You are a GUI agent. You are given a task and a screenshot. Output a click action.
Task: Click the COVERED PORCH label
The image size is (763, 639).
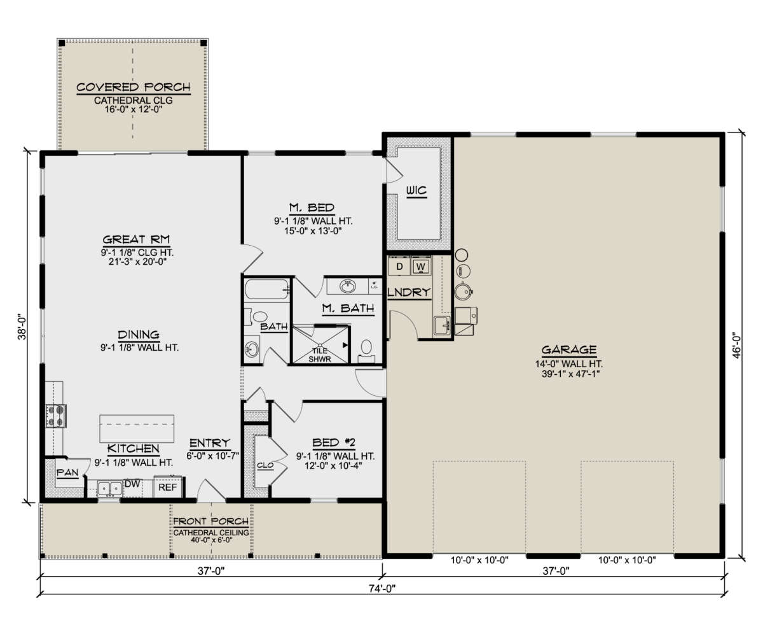[x=133, y=87]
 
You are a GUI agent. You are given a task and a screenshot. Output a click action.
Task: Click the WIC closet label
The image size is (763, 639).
[x=416, y=191]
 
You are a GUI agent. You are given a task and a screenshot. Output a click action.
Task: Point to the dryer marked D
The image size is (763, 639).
[x=399, y=266]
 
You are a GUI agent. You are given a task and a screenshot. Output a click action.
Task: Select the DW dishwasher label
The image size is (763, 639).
[x=132, y=484]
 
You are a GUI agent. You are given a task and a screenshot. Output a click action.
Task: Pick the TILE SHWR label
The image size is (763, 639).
[x=320, y=354]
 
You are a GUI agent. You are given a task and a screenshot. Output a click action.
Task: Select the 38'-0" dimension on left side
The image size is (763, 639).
[x=21, y=326]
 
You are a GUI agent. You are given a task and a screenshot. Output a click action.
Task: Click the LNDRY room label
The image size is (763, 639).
[x=409, y=292]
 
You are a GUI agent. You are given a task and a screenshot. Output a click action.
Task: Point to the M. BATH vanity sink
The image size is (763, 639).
[x=348, y=286]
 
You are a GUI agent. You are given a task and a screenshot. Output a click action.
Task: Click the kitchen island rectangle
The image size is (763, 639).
[x=137, y=428]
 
